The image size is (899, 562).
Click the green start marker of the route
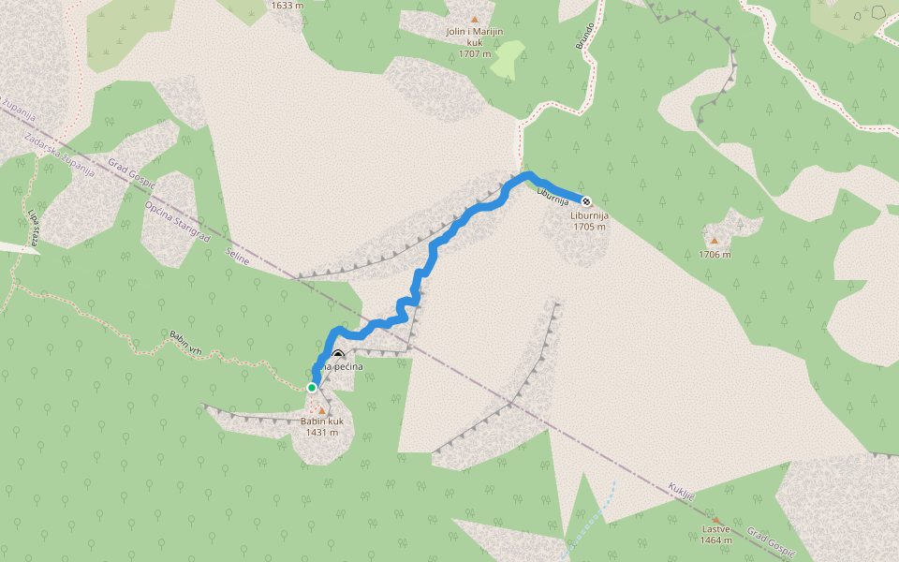coord(312,387)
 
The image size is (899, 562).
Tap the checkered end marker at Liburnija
coord(586,201)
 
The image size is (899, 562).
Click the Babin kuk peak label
coord(322,427)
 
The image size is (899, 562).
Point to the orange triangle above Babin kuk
coord(322,410)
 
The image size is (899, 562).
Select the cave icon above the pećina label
coord(337,356)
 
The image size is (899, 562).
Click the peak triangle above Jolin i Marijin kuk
coord(475,20)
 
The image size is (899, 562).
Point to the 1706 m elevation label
coord(715,254)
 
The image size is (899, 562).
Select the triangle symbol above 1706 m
coord(715,241)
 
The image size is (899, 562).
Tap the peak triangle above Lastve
coord(716,520)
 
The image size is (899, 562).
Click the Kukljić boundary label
coord(681,491)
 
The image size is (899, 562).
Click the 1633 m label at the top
coord(287,6)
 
